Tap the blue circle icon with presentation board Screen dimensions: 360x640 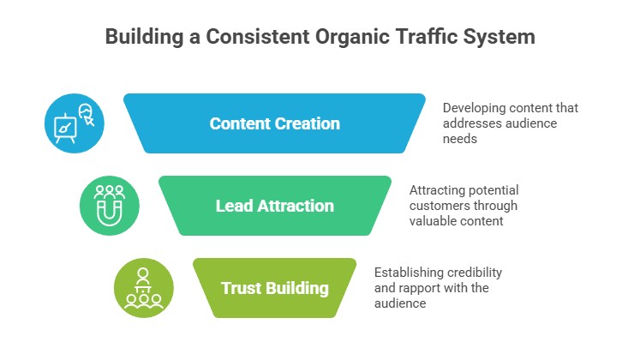[x=74, y=123]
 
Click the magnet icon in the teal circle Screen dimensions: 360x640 [x=109, y=206]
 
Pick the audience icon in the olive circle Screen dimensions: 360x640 [x=143, y=288]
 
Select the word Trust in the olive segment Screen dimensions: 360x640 [x=241, y=288]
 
